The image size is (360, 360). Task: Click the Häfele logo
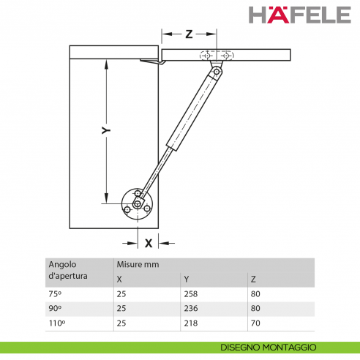coord(300,15)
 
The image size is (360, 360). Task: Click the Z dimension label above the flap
coord(189,34)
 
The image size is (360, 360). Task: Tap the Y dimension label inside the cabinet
coord(106,130)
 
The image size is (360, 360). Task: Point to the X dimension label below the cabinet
coord(149,243)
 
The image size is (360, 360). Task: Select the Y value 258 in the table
coord(191,294)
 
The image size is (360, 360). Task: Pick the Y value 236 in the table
coord(191,308)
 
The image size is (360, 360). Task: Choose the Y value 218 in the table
coord(191,323)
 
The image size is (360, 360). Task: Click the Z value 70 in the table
coord(255,323)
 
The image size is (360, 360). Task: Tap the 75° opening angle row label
coord(55,294)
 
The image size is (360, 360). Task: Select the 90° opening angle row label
coord(55,308)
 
